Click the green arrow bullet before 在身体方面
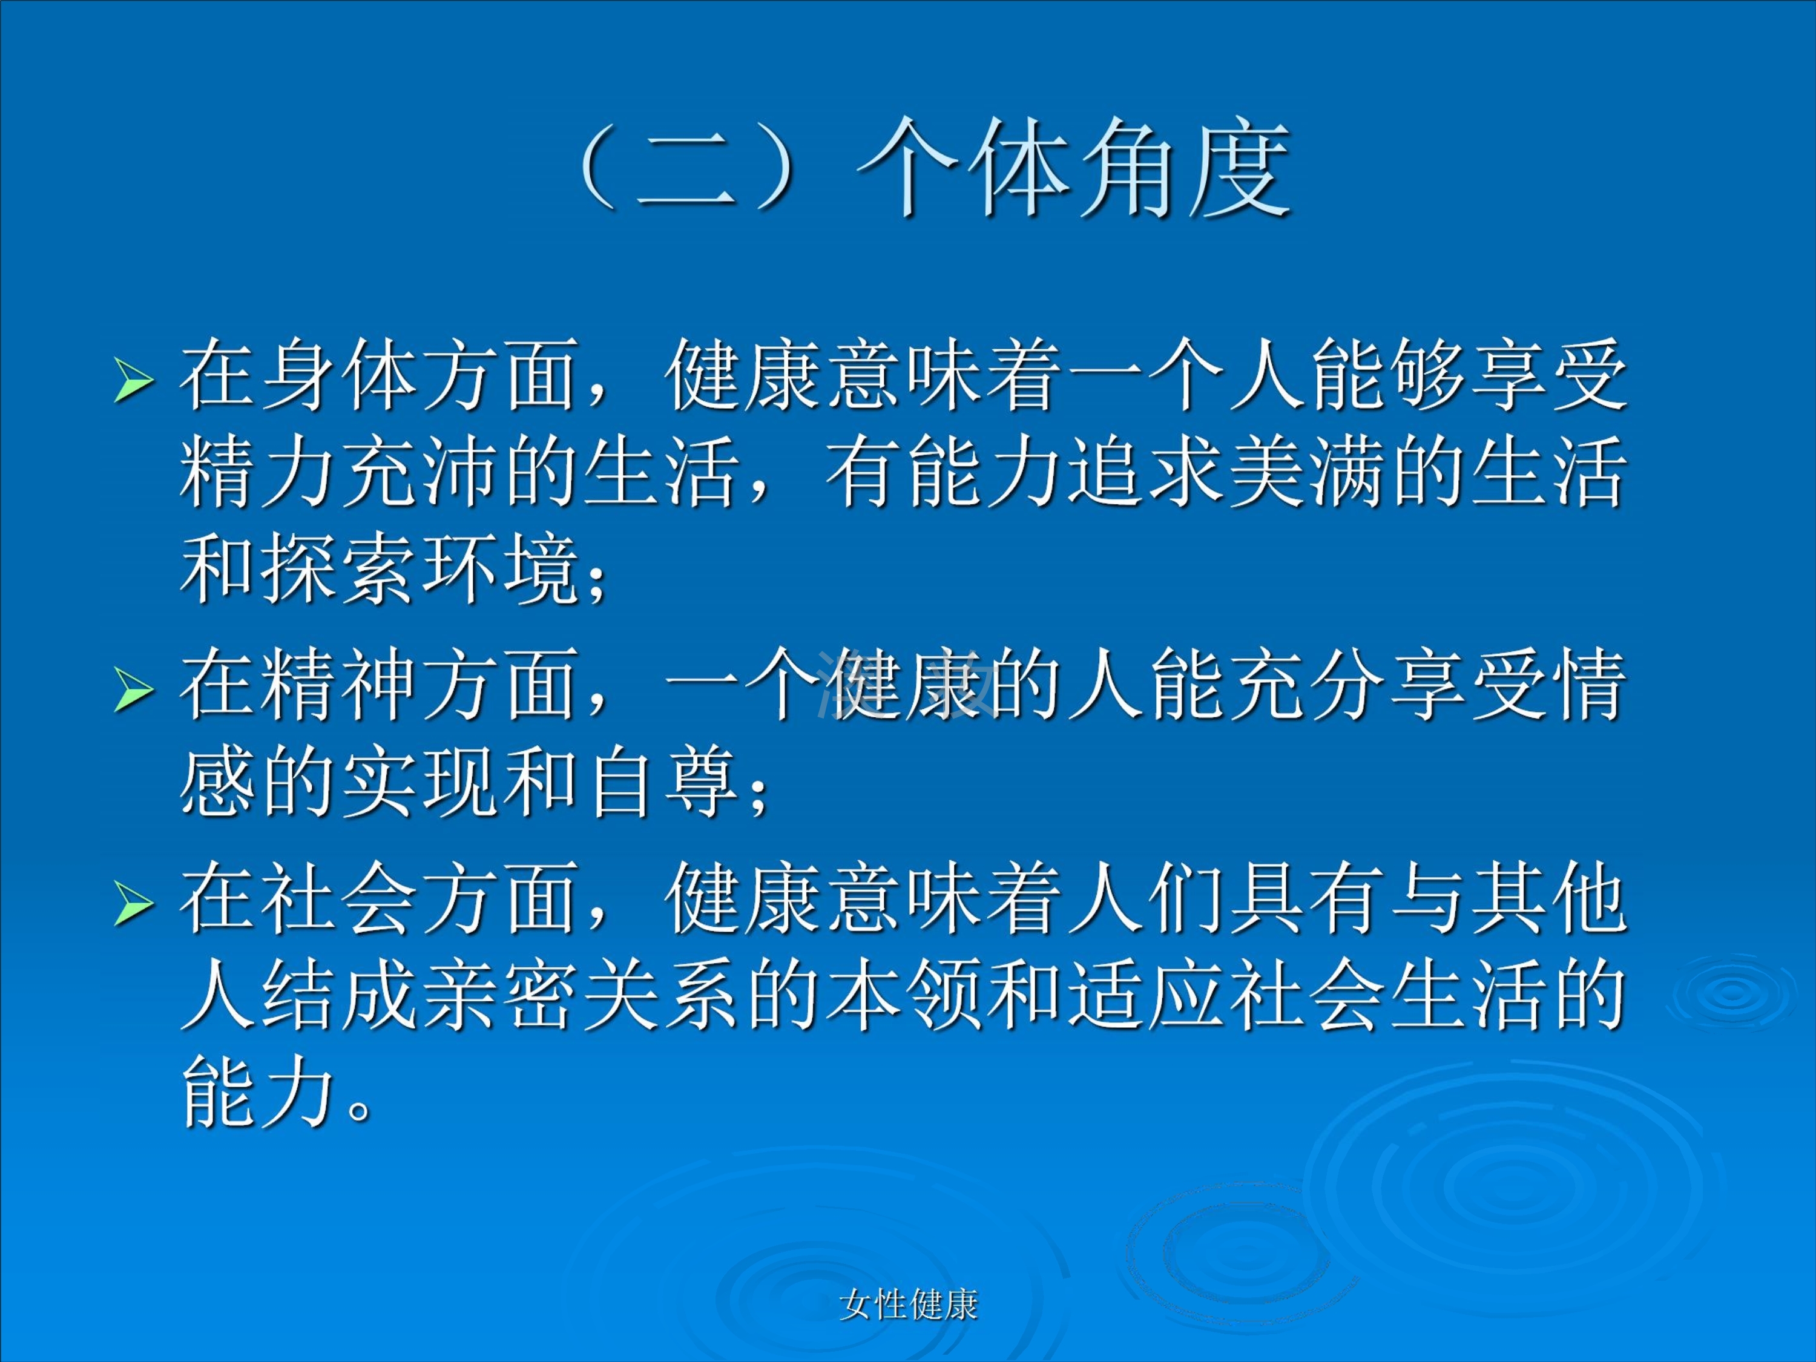[133, 381]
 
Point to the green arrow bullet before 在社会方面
[133, 903]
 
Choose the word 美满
[1306, 472]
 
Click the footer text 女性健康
[908, 1304]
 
